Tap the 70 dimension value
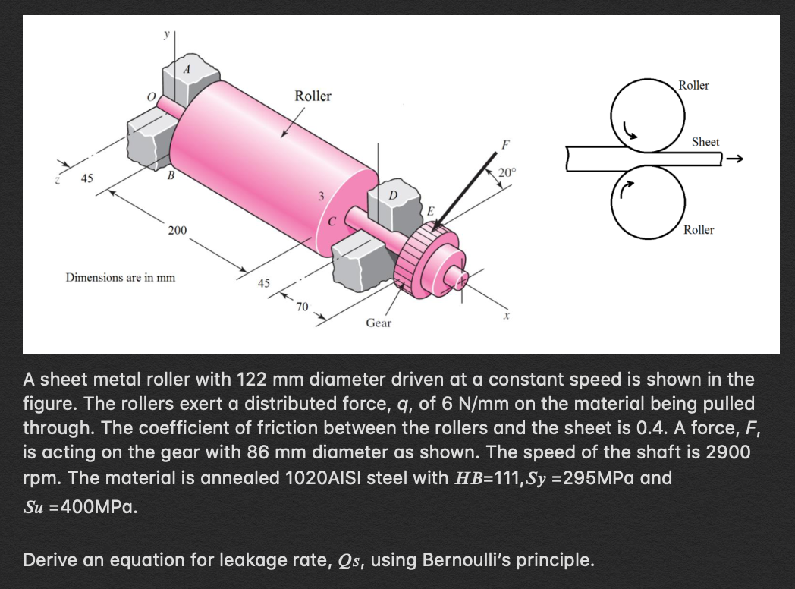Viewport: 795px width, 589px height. [303, 307]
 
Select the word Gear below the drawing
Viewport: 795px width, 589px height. [379, 323]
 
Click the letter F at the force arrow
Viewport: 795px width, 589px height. [506, 143]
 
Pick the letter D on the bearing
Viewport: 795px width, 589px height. [393, 197]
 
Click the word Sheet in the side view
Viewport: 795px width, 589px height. [705, 142]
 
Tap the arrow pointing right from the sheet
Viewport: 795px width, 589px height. [736, 159]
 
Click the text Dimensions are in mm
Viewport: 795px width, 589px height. [121, 277]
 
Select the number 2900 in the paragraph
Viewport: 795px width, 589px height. [728, 453]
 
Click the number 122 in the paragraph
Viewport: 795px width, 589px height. [254, 379]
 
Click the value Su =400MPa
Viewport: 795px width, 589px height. [80, 506]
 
